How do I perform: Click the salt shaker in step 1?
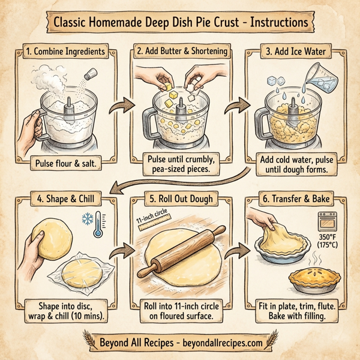click(x=90, y=76)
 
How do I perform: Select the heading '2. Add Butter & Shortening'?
click(x=182, y=52)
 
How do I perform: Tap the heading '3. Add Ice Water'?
click(x=300, y=52)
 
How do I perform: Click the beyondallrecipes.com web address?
click(x=223, y=343)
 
